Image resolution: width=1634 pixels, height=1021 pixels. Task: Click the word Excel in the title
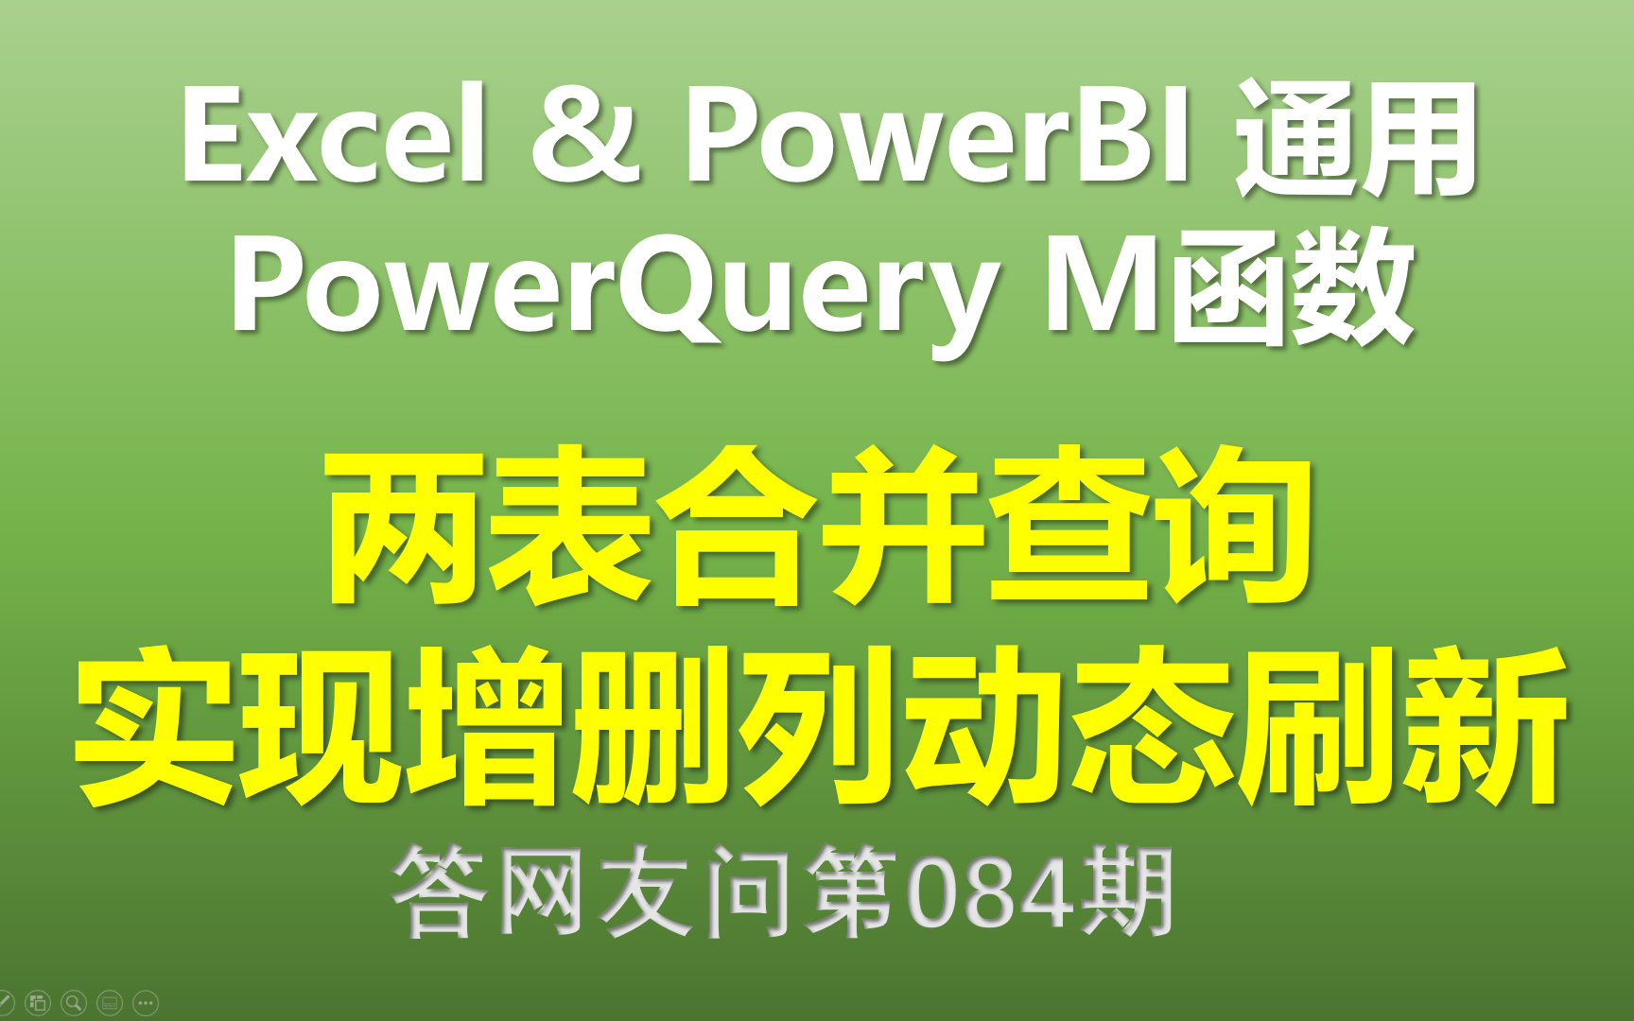coord(335,134)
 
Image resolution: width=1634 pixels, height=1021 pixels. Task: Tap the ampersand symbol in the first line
coord(585,134)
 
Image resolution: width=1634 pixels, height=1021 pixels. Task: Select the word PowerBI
coord(937,134)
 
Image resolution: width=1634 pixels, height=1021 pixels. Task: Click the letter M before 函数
coord(1103,284)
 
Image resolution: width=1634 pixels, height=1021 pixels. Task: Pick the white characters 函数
coord(1292,287)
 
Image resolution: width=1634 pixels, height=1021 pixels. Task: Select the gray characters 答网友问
coord(592,891)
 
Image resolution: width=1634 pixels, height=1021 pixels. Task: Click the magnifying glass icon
coord(74,1002)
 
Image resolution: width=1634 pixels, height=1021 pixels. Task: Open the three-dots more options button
coord(146,1002)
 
